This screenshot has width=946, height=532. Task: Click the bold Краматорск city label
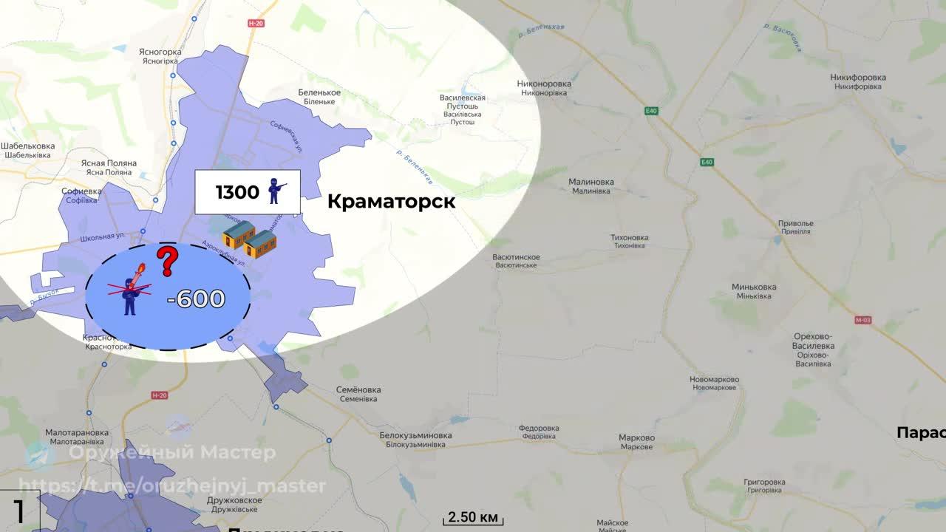click(391, 201)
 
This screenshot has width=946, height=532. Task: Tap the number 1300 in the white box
click(237, 193)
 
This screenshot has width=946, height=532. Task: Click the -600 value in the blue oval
click(196, 299)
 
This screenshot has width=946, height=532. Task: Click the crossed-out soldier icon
click(130, 293)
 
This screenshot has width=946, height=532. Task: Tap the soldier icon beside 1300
click(277, 191)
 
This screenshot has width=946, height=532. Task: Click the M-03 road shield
click(862, 320)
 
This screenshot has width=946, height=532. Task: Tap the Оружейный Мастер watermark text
click(172, 452)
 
